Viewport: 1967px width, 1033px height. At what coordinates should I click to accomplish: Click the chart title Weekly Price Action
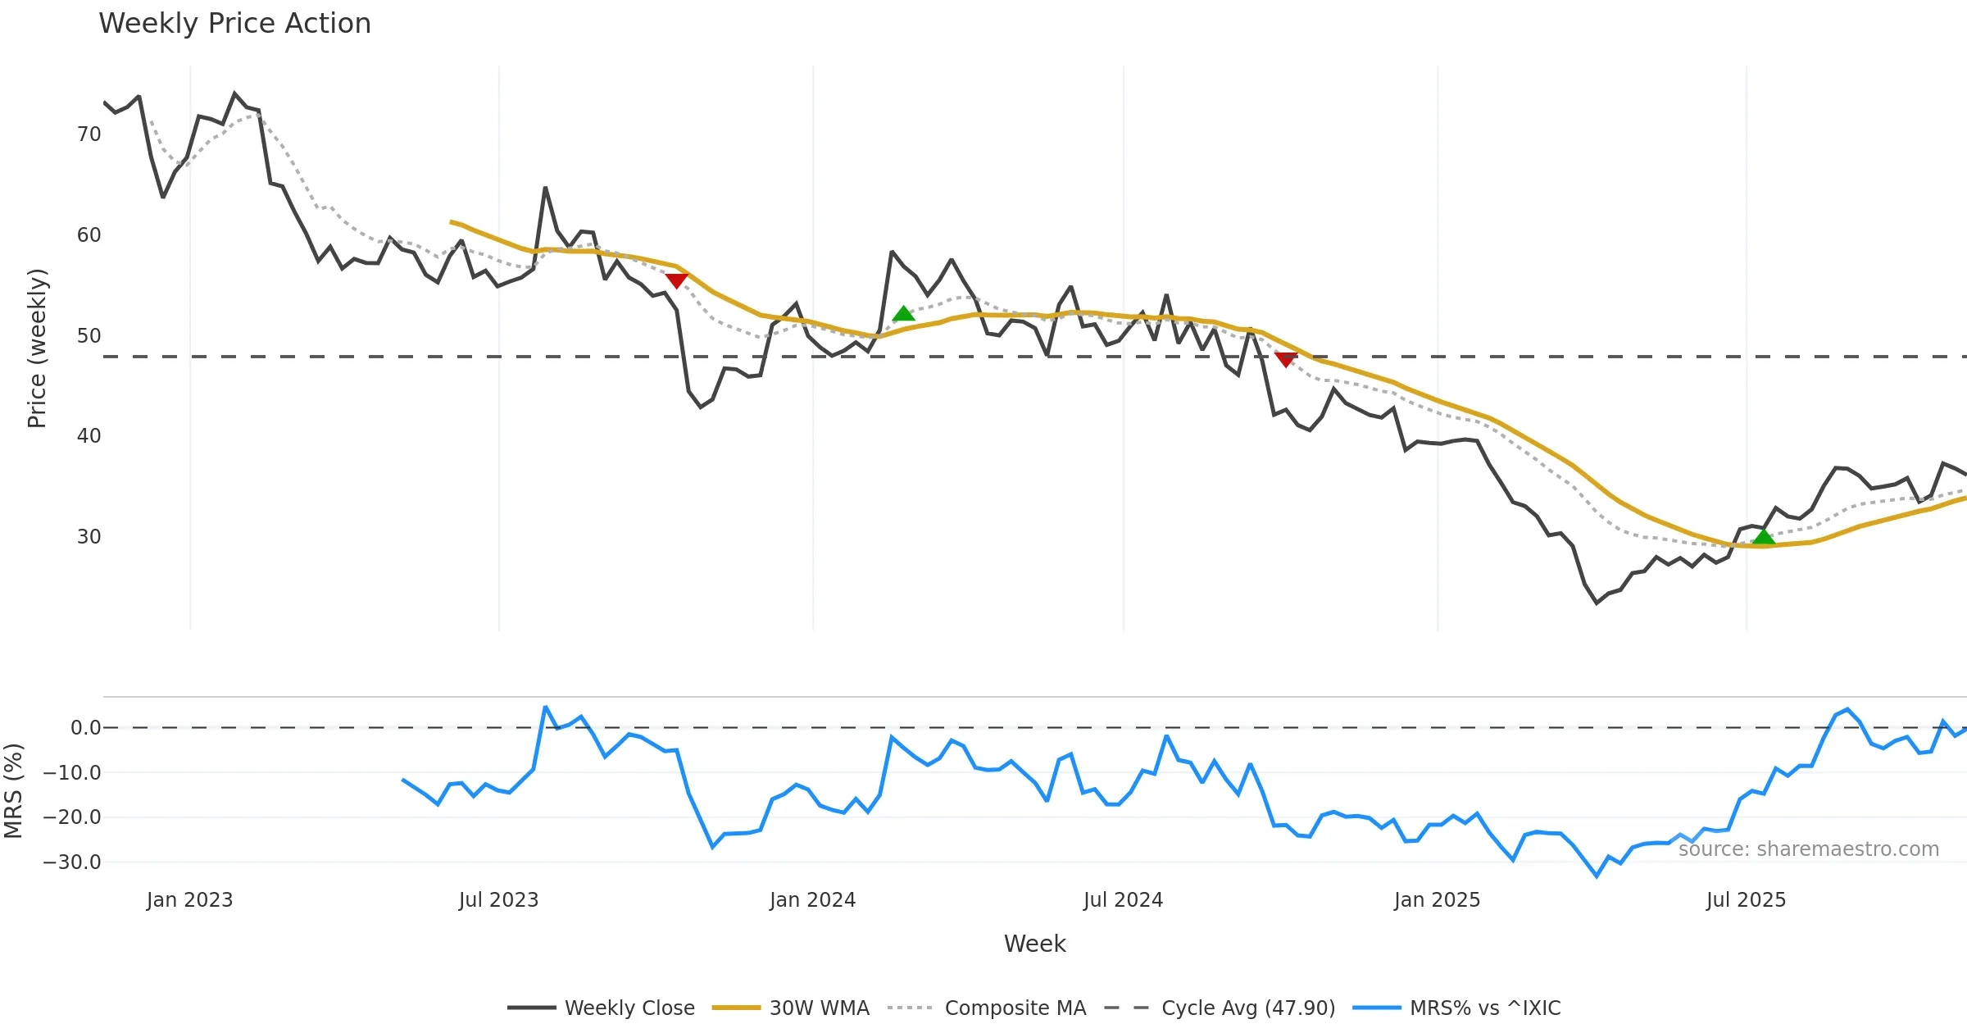pos(234,24)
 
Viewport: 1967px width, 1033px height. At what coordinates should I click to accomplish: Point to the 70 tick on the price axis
pos(89,134)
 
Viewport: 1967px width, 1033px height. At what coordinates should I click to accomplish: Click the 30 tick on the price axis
pos(89,537)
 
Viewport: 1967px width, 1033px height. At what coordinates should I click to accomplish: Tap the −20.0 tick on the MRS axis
pos(72,817)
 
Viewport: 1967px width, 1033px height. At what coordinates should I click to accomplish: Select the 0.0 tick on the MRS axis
pos(85,728)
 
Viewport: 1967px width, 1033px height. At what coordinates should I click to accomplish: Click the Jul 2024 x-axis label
pos(1123,900)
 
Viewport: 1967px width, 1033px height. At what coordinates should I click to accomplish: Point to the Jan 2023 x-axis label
pos(189,900)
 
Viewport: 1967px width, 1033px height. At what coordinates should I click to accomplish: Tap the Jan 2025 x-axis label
pos(1437,900)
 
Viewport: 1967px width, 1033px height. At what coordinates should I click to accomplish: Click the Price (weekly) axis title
pos(37,348)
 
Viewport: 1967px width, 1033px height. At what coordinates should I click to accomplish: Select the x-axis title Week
pos(1034,944)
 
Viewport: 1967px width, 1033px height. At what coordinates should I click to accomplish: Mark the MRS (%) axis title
pos(13,790)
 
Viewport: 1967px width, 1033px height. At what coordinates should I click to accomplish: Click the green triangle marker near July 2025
pos(1764,538)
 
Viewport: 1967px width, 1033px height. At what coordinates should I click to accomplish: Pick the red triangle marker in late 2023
pos(676,281)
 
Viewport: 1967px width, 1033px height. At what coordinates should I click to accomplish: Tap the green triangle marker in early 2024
pos(903,314)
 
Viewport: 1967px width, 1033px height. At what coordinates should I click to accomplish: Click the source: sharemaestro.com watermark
pos(1808,849)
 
